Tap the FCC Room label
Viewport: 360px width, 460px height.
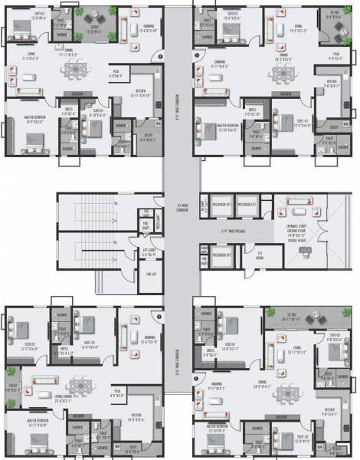(260, 255)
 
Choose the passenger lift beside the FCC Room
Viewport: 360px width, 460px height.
(222, 255)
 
